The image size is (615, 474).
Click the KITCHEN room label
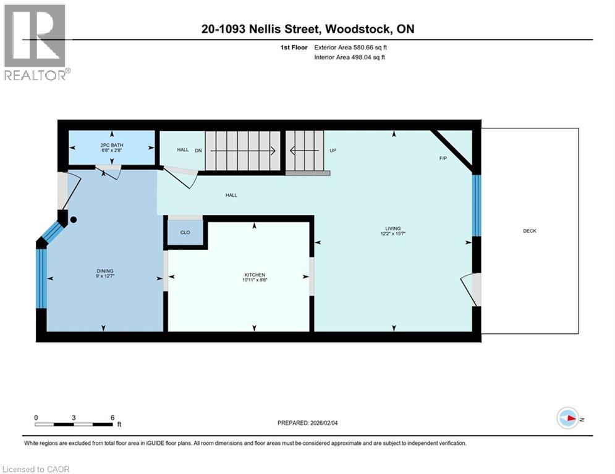(254, 275)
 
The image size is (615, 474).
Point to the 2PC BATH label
(111, 146)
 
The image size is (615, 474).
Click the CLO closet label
(185, 233)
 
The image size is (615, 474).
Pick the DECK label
(530, 231)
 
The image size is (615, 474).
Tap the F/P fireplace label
(443, 159)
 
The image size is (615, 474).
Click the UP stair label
(333, 150)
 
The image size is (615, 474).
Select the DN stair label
(198, 150)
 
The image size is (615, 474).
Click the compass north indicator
(567, 418)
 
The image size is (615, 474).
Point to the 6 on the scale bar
(112, 417)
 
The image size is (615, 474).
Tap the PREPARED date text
(313, 423)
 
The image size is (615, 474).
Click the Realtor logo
(35, 42)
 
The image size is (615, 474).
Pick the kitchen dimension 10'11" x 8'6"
(254, 280)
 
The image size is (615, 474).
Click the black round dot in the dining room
(74, 220)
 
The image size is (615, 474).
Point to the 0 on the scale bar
(36, 417)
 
